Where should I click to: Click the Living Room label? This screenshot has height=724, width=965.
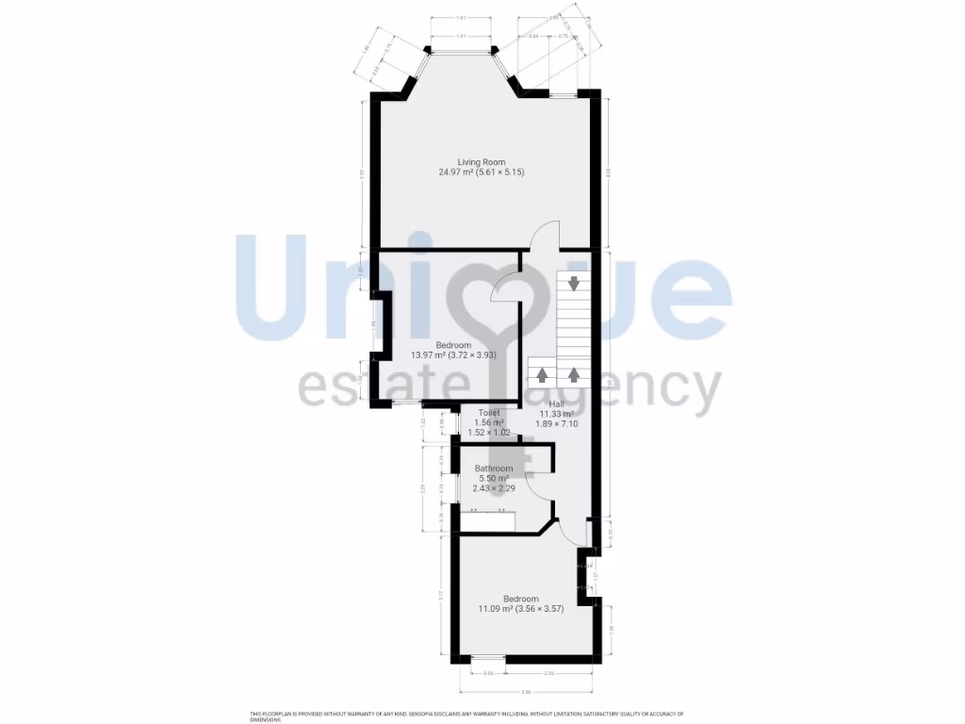pyautogui.click(x=482, y=161)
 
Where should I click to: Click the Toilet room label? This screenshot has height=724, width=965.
pyautogui.click(x=488, y=413)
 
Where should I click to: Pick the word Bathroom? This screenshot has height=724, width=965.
pyautogui.click(x=494, y=469)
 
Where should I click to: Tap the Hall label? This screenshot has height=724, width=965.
pyautogui.click(x=557, y=403)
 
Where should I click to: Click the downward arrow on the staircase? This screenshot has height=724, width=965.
pyautogui.click(x=573, y=282)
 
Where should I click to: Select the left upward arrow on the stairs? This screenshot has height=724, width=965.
pyautogui.click(x=542, y=372)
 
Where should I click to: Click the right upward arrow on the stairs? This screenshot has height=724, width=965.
pyautogui.click(x=573, y=372)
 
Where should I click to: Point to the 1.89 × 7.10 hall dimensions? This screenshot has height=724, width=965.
pyautogui.click(x=557, y=424)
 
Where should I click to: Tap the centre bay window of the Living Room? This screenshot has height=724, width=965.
pyautogui.click(x=460, y=51)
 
